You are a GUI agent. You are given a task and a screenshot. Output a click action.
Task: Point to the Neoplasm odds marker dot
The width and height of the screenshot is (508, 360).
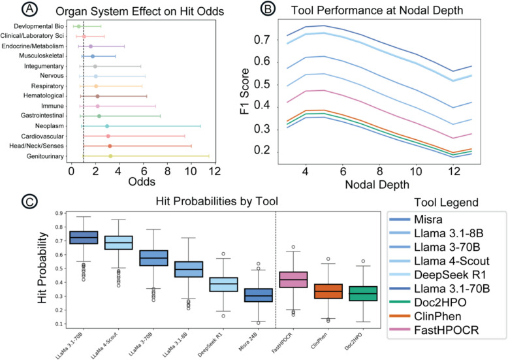(107, 125)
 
